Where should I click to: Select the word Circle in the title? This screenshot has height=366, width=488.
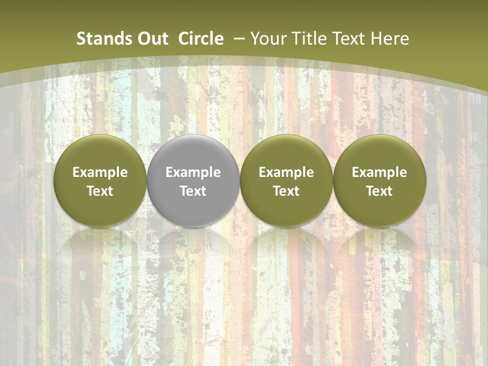pos(201,39)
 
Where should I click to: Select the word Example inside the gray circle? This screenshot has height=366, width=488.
pos(193,172)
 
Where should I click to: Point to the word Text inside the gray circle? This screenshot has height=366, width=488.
pos(193,191)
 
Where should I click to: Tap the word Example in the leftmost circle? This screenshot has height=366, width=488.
pos(100,172)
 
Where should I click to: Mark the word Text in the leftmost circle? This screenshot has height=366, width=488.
pos(100,191)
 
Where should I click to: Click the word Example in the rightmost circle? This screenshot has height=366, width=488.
pos(379,172)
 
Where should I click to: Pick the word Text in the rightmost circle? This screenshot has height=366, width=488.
pos(379,191)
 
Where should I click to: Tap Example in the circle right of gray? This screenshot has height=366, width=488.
pos(286,172)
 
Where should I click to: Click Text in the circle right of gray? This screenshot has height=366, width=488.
pos(286,191)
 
